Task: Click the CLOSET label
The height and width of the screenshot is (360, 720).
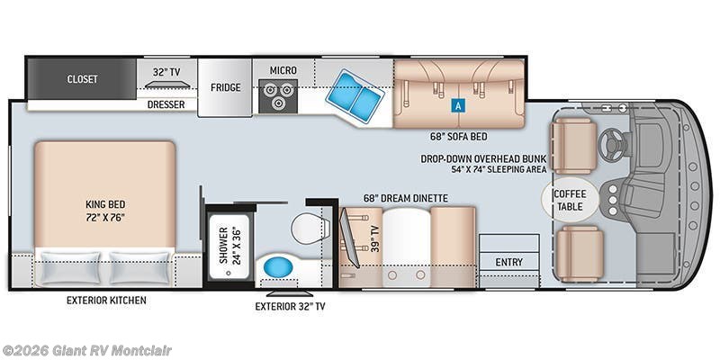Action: (82, 79)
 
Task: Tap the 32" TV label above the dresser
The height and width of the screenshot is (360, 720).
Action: (167, 71)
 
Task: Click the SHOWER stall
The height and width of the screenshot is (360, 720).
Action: (226, 244)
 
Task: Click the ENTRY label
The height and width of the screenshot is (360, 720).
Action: (508, 262)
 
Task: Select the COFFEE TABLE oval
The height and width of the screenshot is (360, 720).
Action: (567, 200)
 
